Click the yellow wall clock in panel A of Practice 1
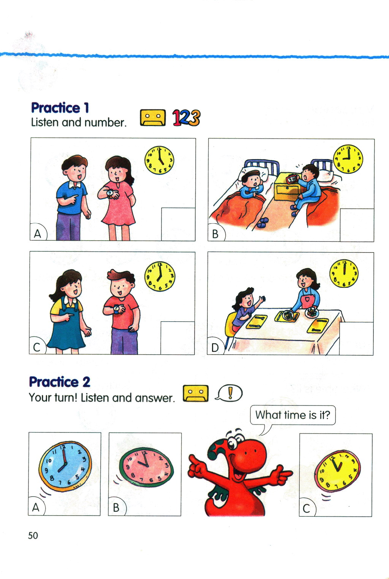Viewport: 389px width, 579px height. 159,160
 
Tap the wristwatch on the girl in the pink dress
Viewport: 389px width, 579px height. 111,193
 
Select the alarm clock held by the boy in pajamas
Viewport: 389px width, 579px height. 292,179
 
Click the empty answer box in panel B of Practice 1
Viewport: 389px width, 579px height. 357,225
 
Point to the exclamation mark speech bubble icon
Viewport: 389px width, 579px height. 229,393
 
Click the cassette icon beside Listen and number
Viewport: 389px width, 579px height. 153,118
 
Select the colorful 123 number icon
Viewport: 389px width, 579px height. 187,118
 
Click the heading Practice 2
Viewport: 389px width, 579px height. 60,382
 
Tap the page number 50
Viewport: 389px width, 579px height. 33,536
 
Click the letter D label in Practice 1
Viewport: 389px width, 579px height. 215,347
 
